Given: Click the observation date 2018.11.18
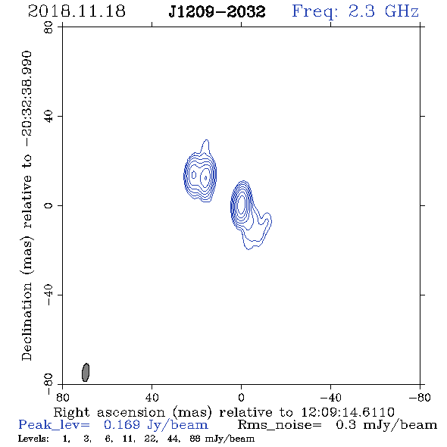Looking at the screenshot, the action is (77, 11).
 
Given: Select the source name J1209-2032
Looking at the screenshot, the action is (217, 11).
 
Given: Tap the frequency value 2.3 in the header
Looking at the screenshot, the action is (361, 11).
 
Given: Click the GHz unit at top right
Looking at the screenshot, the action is (402, 11).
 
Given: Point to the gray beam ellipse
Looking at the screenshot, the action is (86, 372).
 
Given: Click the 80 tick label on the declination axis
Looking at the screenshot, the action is (48, 27).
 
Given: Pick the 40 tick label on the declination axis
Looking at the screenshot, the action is (48, 117).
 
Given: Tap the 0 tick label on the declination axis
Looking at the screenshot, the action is (48, 205).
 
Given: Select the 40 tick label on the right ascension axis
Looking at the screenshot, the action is (152, 397).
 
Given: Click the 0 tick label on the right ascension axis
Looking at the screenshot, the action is (241, 397).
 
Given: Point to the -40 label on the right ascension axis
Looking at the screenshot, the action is (330, 397).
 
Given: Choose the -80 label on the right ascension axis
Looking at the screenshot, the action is (420, 397).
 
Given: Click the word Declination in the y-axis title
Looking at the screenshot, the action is (27, 321).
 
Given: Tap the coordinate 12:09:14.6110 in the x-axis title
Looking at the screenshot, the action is (348, 412).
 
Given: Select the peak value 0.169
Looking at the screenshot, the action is (122, 425).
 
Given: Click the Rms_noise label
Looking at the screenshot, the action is (280, 425).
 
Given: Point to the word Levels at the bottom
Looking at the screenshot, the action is (33, 439).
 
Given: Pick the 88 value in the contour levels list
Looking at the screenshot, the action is (195, 439).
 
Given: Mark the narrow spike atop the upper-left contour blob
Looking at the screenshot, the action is (206, 146).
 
